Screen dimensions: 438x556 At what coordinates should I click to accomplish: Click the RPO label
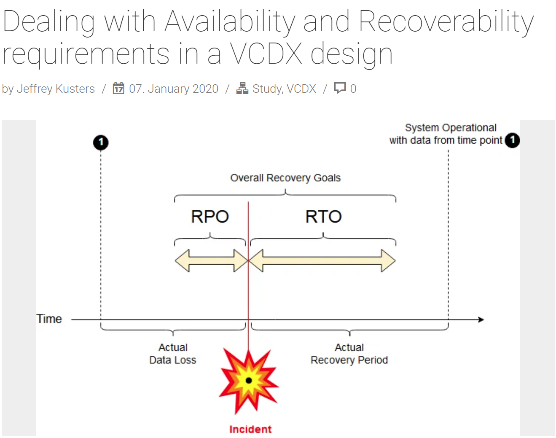point(210,217)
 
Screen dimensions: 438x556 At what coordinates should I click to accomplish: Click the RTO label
point(323,217)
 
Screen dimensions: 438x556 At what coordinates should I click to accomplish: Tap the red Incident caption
point(250,429)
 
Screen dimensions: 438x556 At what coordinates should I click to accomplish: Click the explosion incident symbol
point(249,380)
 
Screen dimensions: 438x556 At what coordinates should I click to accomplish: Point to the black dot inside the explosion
point(249,381)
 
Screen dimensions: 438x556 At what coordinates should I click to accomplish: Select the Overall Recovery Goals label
point(285,178)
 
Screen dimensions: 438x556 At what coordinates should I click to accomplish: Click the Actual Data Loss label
point(173,354)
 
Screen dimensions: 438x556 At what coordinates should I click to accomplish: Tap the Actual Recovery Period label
point(349,354)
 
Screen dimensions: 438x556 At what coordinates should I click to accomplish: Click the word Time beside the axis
point(49,319)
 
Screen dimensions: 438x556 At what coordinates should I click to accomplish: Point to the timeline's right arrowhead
point(481,320)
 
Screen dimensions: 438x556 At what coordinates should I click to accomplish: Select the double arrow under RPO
point(211,261)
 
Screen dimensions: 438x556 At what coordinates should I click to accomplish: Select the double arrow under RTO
point(322,261)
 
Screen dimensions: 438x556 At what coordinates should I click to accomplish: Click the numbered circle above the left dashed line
point(101,142)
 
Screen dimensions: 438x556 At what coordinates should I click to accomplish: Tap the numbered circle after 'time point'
point(512,140)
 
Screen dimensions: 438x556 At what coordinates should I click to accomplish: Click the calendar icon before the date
point(118,89)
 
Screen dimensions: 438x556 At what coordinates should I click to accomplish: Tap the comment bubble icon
point(340,88)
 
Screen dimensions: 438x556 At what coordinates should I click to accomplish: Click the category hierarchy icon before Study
point(242,88)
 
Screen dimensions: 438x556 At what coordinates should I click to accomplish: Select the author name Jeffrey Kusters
point(56,89)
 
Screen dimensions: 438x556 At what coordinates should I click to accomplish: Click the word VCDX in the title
point(266,54)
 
